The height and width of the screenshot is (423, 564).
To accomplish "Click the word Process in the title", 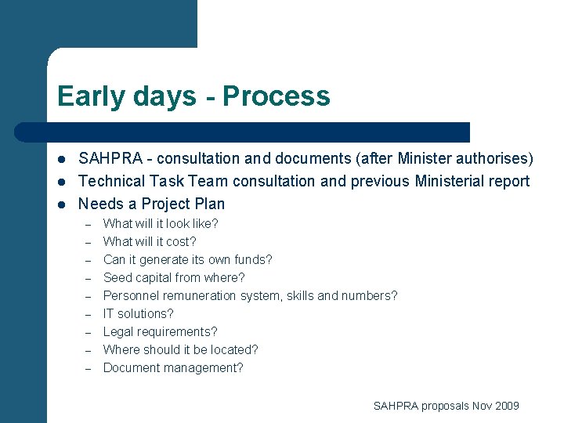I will [276, 96].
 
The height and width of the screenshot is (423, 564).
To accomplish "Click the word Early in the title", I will [87, 96].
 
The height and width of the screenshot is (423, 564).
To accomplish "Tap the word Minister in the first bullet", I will [430, 158].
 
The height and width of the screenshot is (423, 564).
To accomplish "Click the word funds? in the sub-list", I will [255, 259].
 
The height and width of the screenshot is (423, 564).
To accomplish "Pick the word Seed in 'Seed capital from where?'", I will [117, 277].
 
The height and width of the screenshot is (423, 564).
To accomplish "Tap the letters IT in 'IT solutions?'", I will [110, 313].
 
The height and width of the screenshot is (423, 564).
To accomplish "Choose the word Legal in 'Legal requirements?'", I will [118, 331].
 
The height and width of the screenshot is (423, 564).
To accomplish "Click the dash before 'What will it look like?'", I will [89, 224].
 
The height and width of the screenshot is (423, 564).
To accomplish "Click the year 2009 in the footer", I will [506, 405].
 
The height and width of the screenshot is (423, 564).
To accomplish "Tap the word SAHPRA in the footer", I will [396, 405].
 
